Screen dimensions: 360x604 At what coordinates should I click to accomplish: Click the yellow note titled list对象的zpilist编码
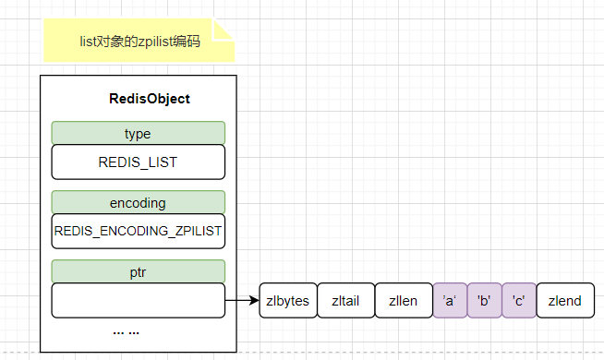(139, 42)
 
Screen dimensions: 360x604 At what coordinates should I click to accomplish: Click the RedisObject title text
(149, 99)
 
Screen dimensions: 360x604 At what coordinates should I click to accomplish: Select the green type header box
(138, 133)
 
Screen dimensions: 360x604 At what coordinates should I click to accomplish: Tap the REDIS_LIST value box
(138, 162)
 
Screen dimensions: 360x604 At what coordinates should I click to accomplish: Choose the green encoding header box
(138, 201)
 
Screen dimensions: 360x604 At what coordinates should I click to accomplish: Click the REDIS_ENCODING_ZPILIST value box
(138, 231)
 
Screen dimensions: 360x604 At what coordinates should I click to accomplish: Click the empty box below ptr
(138, 300)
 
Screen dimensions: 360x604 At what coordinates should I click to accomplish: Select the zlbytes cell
(288, 300)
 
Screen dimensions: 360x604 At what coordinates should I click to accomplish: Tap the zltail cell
(345, 300)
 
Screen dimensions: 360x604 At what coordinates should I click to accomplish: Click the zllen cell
(403, 300)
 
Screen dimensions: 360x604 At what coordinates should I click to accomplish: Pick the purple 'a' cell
(450, 300)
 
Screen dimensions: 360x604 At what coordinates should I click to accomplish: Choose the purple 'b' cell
(484, 300)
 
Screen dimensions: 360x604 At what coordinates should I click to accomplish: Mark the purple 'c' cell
(518, 300)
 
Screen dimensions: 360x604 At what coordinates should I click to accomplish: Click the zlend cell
(564, 300)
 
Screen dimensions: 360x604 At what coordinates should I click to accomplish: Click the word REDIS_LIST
(138, 162)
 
